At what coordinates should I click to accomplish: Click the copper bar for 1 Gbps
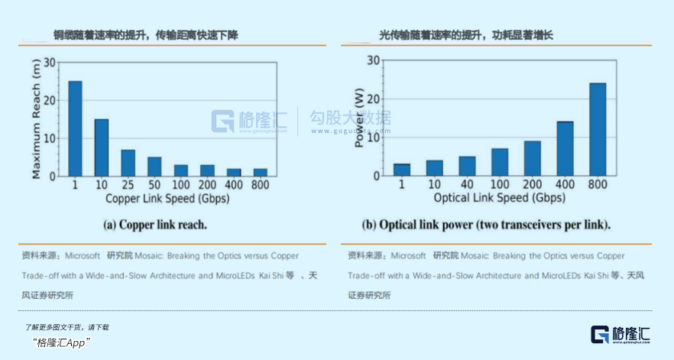[75, 128]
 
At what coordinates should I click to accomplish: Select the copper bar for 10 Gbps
[102, 148]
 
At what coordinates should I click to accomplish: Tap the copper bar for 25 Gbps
[128, 163]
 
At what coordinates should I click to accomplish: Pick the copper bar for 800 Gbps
[261, 172]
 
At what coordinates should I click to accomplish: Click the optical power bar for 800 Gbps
[598, 129]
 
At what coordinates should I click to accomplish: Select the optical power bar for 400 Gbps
[565, 148]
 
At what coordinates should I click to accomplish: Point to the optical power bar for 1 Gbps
[402, 170]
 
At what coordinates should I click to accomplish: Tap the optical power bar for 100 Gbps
[500, 162]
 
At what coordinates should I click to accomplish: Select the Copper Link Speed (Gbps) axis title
[167, 199]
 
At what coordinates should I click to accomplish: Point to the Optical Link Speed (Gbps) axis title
[500, 198]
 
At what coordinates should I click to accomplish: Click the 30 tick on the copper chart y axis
[50, 62]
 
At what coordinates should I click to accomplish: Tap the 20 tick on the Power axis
[374, 99]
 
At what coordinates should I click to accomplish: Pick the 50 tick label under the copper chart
[154, 186]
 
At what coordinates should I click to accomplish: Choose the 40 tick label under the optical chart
[467, 185]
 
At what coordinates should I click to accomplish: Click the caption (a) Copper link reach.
[156, 225]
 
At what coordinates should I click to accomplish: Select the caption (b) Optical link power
[486, 225]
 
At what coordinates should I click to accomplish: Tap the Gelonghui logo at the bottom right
[621, 334]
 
